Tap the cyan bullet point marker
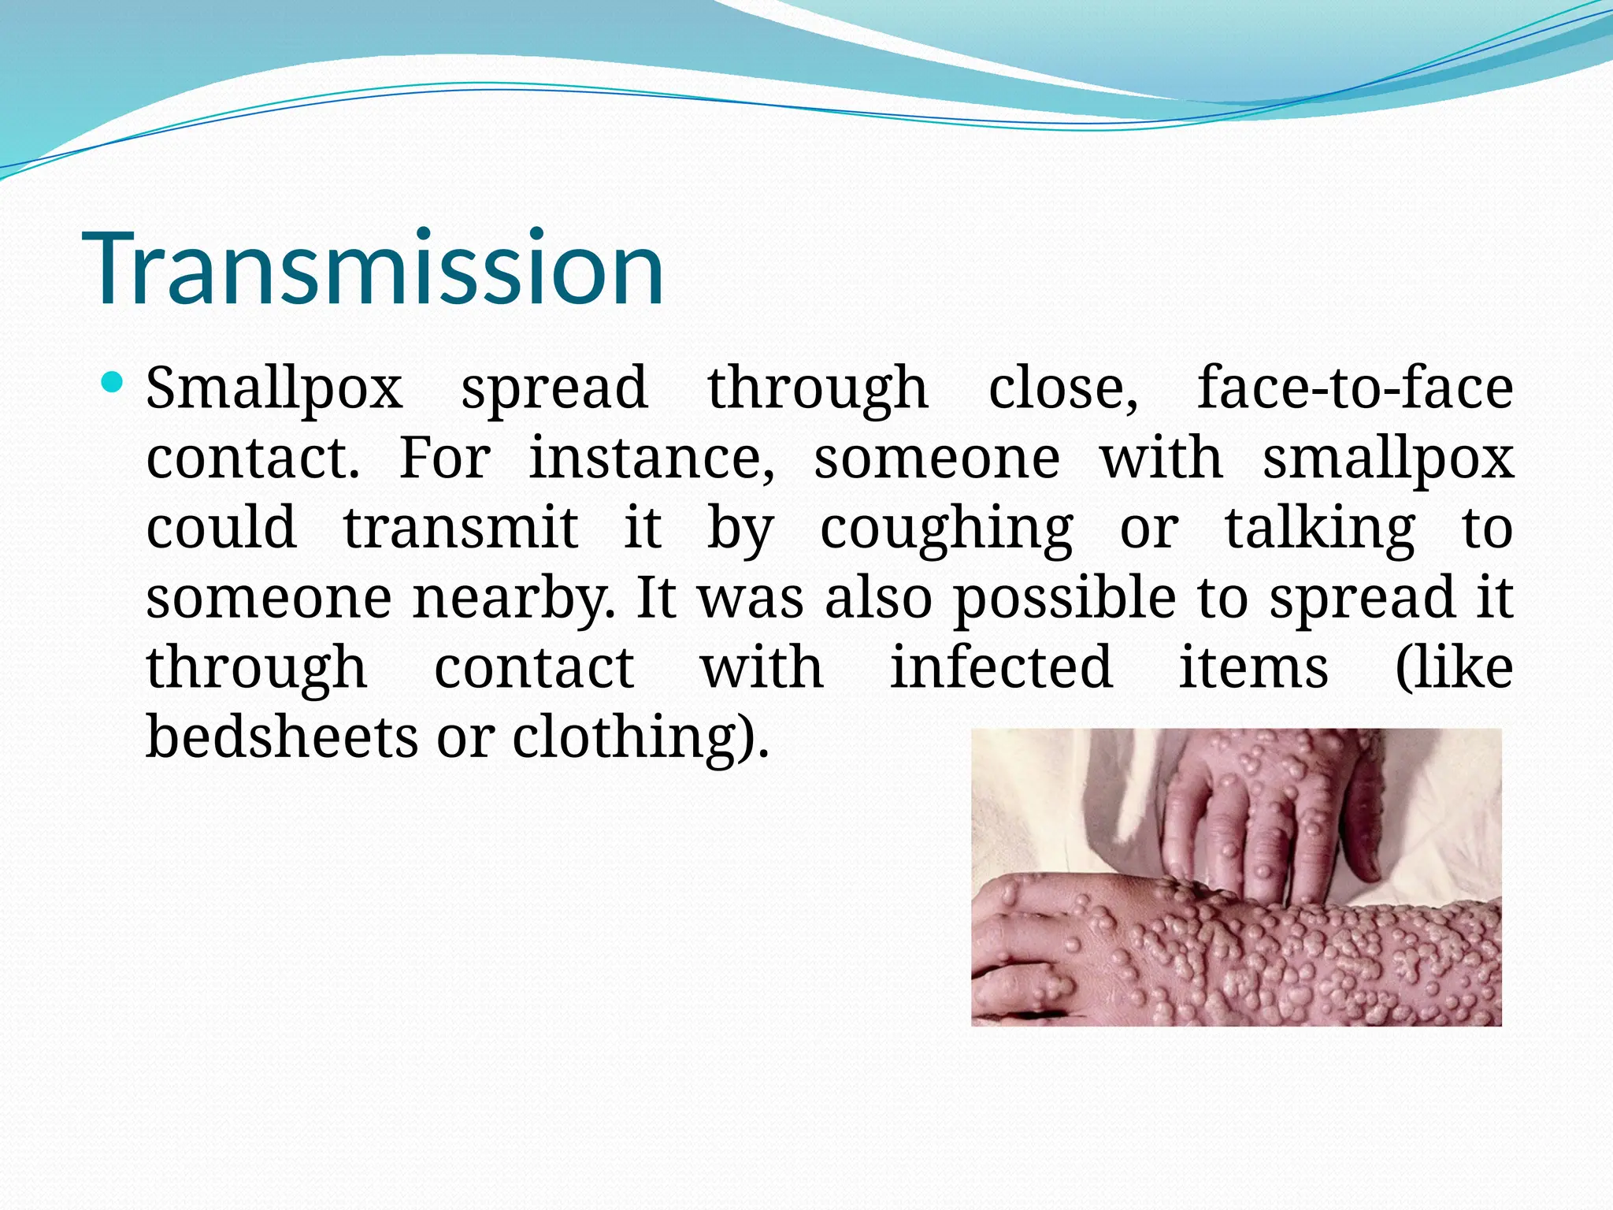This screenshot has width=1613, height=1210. (x=113, y=384)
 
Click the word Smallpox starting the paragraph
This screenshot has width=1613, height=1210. (x=274, y=388)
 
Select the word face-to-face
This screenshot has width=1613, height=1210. (x=1355, y=388)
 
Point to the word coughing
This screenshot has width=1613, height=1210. (x=946, y=529)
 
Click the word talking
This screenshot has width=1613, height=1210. (x=1320, y=529)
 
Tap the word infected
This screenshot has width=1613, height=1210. (x=1001, y=668)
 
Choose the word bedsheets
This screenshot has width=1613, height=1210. (x=282, y=737)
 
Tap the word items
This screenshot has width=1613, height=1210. (x=1253, y=668)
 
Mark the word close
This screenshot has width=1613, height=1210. (x=1063, y=388)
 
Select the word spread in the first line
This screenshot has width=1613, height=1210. (x=554, y=390)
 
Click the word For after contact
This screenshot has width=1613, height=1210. (x=445, y=458)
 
